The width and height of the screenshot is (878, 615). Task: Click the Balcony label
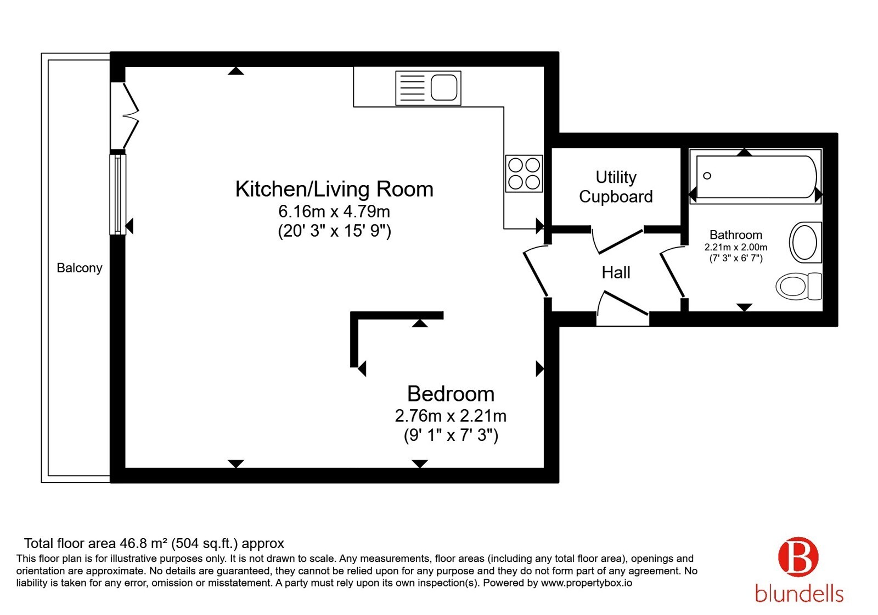(x=79, y=268)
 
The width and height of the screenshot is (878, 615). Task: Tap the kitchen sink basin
(x=444, y=88)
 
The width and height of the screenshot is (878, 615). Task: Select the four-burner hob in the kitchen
(x=524, y=174)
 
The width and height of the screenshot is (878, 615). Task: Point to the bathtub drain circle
(x=707, y=176)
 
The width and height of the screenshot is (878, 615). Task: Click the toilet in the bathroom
(x=798, y=286)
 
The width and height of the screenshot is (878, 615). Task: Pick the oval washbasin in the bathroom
(x=805, y=242)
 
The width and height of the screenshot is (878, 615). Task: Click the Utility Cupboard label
(x=616, y=187)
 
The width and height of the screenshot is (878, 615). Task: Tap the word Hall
(x=616, y=272)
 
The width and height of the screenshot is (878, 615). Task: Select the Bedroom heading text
(x=451, y=394)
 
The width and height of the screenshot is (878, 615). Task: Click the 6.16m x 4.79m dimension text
(x=334, y=211)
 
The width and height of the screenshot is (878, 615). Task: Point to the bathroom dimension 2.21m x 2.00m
(x=736, y=248)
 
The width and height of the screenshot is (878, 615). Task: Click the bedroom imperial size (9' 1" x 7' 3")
(x=451, y=435)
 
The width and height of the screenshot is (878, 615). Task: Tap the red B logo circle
(x=798, y=557)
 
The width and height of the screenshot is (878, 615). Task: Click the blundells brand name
(x=799, y=594)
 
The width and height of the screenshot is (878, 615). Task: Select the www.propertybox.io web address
(x=587, y=583)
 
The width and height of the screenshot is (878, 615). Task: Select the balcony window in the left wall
(x=117, y=194)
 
